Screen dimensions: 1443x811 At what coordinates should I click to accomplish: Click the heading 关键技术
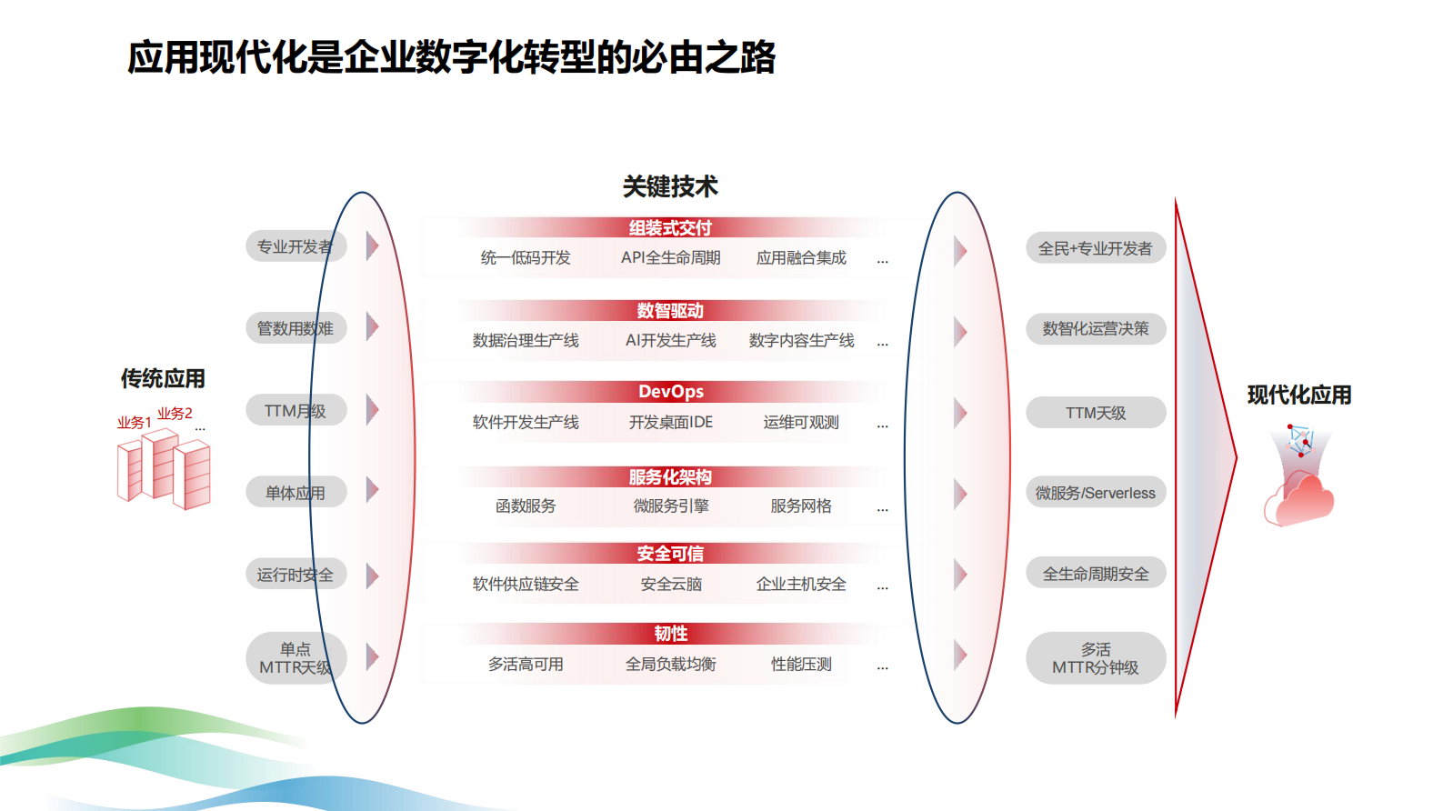coord(670,186)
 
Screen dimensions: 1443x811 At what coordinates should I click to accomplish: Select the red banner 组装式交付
coord(670,227)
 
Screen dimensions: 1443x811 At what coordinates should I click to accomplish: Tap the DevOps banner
coord(670,392)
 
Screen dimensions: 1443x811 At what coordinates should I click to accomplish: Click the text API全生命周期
coord(671,257)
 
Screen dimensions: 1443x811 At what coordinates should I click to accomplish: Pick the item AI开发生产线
coord(671,340)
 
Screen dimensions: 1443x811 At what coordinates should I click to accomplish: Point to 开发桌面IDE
coord(671,423)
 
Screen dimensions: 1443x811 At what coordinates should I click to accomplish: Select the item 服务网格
coord(801,506)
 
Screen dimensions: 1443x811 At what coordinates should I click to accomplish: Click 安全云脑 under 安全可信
coord(671,585)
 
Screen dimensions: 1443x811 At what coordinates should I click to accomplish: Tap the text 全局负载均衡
coord(671,664)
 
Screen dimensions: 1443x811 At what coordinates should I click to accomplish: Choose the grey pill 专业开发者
coord(296,246)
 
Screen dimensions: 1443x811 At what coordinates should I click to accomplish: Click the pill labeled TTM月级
coord(296,410)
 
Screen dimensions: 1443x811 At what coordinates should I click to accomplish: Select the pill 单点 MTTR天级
coord(296,657)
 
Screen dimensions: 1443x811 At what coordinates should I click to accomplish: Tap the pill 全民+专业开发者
coord(1096,248)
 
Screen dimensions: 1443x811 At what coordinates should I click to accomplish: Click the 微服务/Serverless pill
coord(1096,493)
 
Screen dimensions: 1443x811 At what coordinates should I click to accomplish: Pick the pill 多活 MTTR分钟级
coord(1096,657)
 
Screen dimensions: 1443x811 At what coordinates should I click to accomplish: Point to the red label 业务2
coord(175,414)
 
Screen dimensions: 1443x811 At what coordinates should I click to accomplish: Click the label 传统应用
coord(163,379)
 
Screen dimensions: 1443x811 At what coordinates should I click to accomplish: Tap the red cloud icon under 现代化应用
coord(1299,499)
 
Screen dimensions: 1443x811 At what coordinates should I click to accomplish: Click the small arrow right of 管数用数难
coord(373,327)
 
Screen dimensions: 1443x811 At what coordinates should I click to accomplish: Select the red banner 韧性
coord(670,634)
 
